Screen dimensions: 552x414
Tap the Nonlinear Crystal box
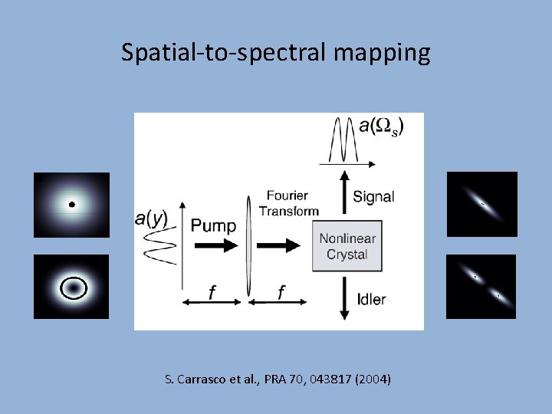[x=347, y=246]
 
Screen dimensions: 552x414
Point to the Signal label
[x=373, y=197]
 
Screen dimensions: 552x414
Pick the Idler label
[x=371, y=299]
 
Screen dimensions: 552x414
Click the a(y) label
[x=151, y=219]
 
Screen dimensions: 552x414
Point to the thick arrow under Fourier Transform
[x=283, y=245]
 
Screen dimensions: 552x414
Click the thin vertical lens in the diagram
[x=249, y=245]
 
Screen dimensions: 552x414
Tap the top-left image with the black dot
[x=71, y=205]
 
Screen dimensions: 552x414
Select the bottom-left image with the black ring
[x=71, y=287]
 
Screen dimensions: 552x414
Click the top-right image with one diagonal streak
[x=481, y=204]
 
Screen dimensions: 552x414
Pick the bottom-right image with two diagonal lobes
[x=481, y=286]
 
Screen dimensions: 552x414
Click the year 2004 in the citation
[x=374, y=379]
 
